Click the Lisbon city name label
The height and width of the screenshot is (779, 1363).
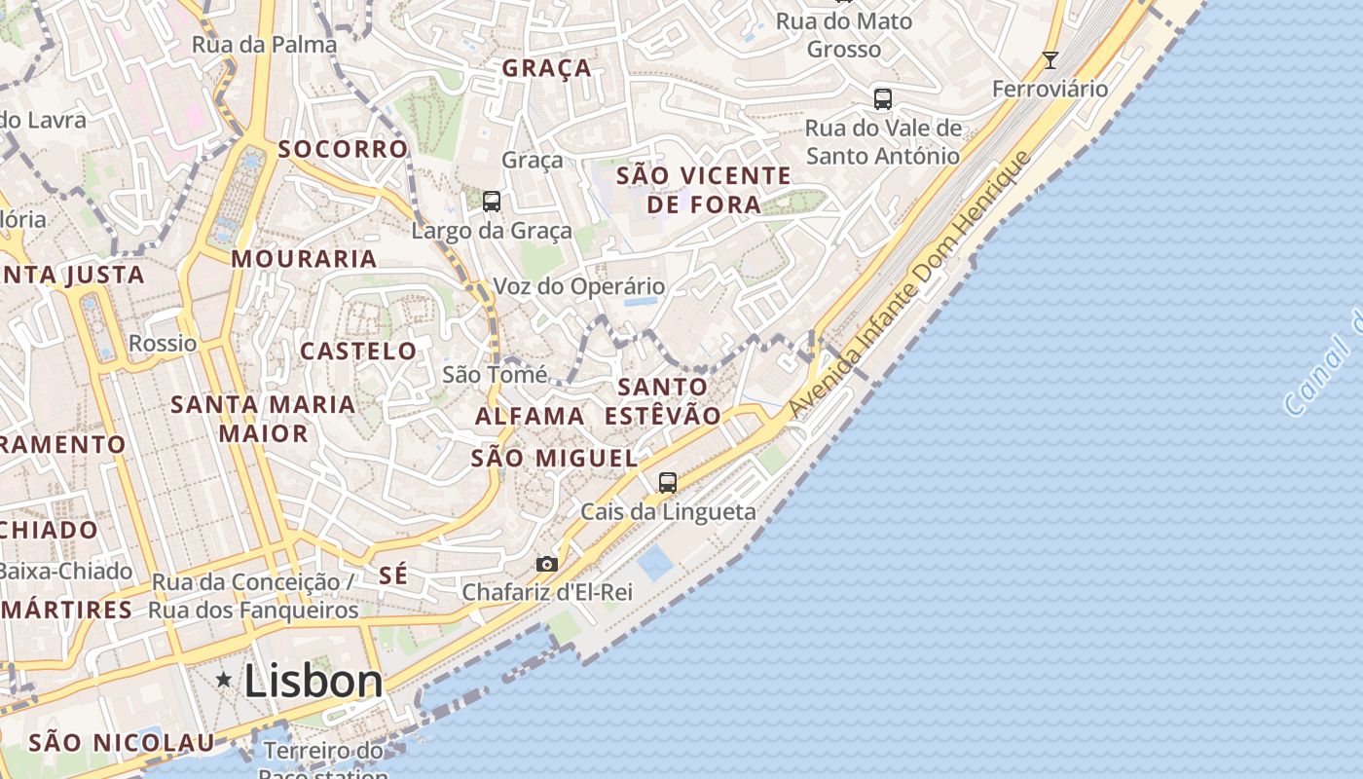[313, 681]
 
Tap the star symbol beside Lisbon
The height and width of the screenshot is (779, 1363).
[224, 680]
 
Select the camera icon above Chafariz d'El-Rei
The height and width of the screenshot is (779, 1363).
[547, 564]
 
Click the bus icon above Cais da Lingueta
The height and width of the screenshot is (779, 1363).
[667, 482]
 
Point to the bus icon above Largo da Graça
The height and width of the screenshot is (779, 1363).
[492, 202]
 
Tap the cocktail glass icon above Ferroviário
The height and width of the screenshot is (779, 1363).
[1050, 60]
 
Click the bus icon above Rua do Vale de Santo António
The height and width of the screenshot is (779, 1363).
[882, 98]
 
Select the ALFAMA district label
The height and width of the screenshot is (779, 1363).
[530, 417]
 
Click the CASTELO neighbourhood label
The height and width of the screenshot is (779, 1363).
[358, 352]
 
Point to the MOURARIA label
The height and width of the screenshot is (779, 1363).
[304, 259]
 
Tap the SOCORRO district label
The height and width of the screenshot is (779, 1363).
[343, 149]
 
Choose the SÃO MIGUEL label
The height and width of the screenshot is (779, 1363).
[554, 458]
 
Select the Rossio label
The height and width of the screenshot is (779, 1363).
[163, 344]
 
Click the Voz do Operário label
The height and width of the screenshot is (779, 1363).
[579, 286]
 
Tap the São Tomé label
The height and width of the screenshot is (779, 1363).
[494, 374]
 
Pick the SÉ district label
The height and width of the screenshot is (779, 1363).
[393, 575]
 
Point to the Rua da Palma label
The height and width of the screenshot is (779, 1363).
[264, 45]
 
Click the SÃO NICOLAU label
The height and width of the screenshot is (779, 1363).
[121, 743]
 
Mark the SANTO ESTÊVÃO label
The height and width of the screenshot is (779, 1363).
[663, 401]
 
